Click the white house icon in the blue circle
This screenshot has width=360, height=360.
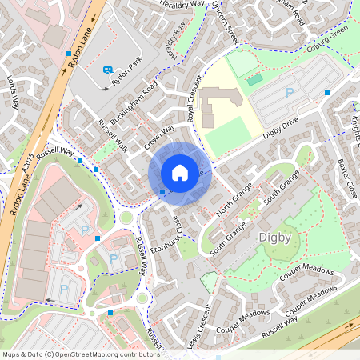(x=180, y=173)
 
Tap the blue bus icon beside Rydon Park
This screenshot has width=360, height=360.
(x=107, y=70)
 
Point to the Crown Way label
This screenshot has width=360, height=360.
(x=160, y=137)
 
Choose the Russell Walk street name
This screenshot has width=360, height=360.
(x=112, y=133)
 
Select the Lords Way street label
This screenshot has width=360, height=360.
(x=12, y=92)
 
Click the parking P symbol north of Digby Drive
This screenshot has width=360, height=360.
(x=289, y=93)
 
